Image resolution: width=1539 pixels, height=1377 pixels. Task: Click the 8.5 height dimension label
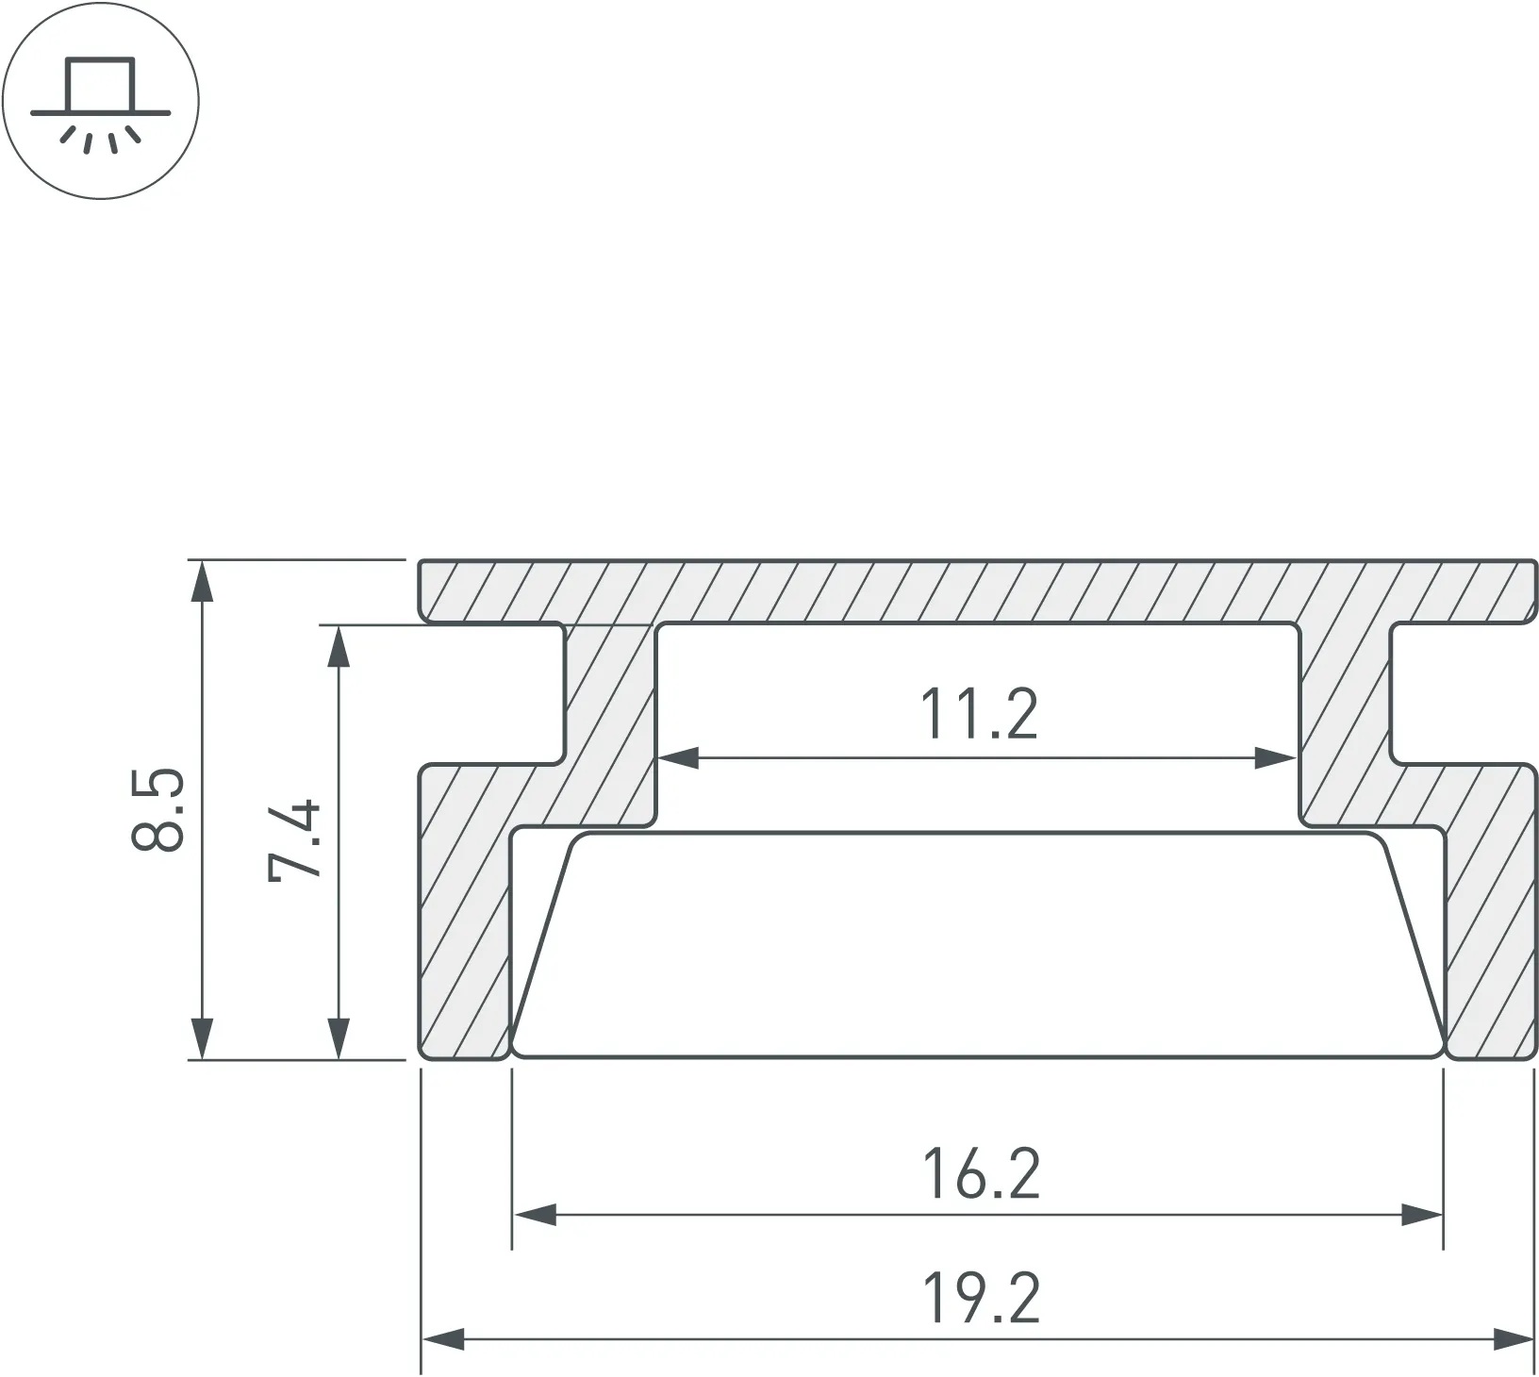tap(157, 810)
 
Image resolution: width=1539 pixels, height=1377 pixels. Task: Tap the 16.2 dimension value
tap(981, 1174)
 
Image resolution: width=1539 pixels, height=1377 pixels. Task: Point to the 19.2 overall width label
tap(981, 1299)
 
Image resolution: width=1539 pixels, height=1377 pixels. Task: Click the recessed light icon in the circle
tap(101, 100)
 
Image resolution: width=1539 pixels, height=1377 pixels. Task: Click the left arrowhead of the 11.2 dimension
tap(678, 757)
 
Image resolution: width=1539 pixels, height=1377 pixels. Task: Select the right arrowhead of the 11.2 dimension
tap(1276, 757)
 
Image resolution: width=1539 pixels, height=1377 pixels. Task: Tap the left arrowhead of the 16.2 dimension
tap(534, 1215)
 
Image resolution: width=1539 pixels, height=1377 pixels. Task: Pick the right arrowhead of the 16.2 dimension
tap(1422, 1215)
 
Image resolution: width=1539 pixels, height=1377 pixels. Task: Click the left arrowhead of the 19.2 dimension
tap(443, 1338)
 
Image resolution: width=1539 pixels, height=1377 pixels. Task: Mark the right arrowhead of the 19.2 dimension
tap(1513, 1338)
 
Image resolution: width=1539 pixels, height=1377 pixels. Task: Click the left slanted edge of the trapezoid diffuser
tap(542, 943)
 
